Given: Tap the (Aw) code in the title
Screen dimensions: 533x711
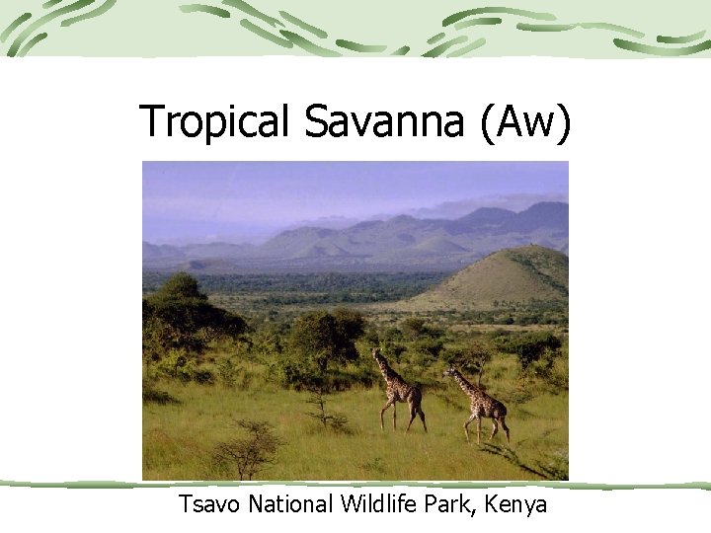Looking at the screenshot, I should point(524,121).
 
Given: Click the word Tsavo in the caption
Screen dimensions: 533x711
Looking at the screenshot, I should point(209,504).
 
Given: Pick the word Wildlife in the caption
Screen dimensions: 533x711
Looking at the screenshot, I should point(379,504).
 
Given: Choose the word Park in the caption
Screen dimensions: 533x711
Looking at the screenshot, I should point(450,504).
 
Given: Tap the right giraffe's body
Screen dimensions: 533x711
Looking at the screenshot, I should point(487,405).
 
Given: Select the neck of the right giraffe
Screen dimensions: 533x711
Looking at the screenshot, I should point(463,384).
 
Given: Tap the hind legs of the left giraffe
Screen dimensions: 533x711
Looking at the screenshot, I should point(419,418).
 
